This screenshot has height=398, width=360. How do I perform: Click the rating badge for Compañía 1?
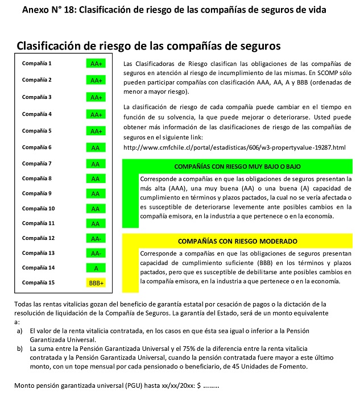click(x=96, y=64)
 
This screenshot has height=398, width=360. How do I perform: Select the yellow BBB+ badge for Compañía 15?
click(x=96, y=283)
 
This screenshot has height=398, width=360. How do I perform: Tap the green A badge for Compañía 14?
click(x=96, y=268)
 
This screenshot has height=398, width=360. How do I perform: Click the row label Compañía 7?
click(x=37, y=164)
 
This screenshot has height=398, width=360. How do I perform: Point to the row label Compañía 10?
click(x=38, y=208)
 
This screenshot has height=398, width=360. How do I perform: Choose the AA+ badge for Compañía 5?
click(x=96, y=131)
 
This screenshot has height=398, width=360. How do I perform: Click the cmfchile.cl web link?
click(x=234, y=148)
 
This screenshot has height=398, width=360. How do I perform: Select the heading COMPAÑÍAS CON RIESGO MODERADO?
click(x=237, y=241)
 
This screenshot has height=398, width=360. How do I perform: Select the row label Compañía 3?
click(x=37, y=97)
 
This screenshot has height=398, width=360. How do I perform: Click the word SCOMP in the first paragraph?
click(x=324, y=73)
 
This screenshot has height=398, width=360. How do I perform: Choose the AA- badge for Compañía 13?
click(x=96, y=253)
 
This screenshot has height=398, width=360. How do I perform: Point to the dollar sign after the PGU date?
click(x=199, y=387)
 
